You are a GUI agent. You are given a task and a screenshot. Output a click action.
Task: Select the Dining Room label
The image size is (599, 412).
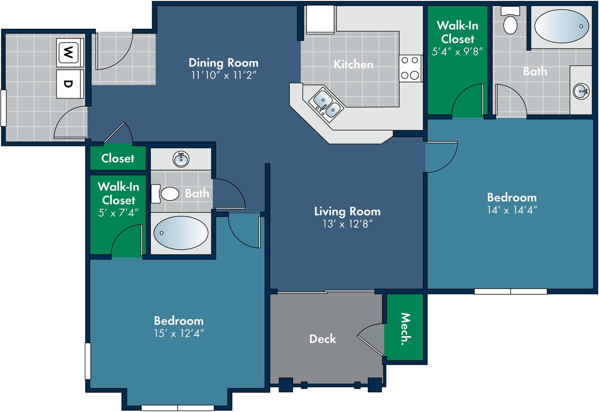coord(223,63)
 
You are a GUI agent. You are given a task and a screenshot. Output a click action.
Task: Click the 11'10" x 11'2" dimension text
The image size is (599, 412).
coord(223,75)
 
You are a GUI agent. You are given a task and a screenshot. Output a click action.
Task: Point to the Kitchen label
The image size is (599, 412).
coord(353,64)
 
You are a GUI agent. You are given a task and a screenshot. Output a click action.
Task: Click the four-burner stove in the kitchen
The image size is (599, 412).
coord(410,68)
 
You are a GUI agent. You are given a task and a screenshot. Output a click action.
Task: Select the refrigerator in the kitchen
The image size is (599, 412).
coord(320,19)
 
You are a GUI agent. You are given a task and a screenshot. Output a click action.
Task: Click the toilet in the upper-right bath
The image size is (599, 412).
coord(510,21)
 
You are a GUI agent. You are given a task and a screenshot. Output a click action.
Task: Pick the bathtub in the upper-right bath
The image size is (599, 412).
coord(561,26)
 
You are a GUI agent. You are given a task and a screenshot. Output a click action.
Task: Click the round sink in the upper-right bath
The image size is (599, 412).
coord(581,91)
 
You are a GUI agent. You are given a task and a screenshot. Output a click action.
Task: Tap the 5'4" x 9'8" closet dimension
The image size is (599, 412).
coord(457,52)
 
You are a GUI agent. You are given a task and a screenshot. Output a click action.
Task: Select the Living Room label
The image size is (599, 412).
coord(347,211)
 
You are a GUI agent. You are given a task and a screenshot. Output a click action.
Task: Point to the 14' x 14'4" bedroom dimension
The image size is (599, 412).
coord(512,210)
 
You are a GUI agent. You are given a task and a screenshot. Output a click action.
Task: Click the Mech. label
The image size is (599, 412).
coord(405,329)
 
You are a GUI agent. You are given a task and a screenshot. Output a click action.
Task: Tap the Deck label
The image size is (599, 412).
coord(322,339)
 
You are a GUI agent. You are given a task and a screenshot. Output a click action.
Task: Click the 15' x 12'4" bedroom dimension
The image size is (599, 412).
coord(179,333)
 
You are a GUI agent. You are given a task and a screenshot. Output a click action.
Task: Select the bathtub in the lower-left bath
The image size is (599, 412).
coord(181,233)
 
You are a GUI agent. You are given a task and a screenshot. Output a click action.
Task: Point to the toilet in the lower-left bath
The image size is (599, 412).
coord(165,193)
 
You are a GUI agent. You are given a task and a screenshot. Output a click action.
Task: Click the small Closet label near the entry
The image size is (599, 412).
coord(118,158)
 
